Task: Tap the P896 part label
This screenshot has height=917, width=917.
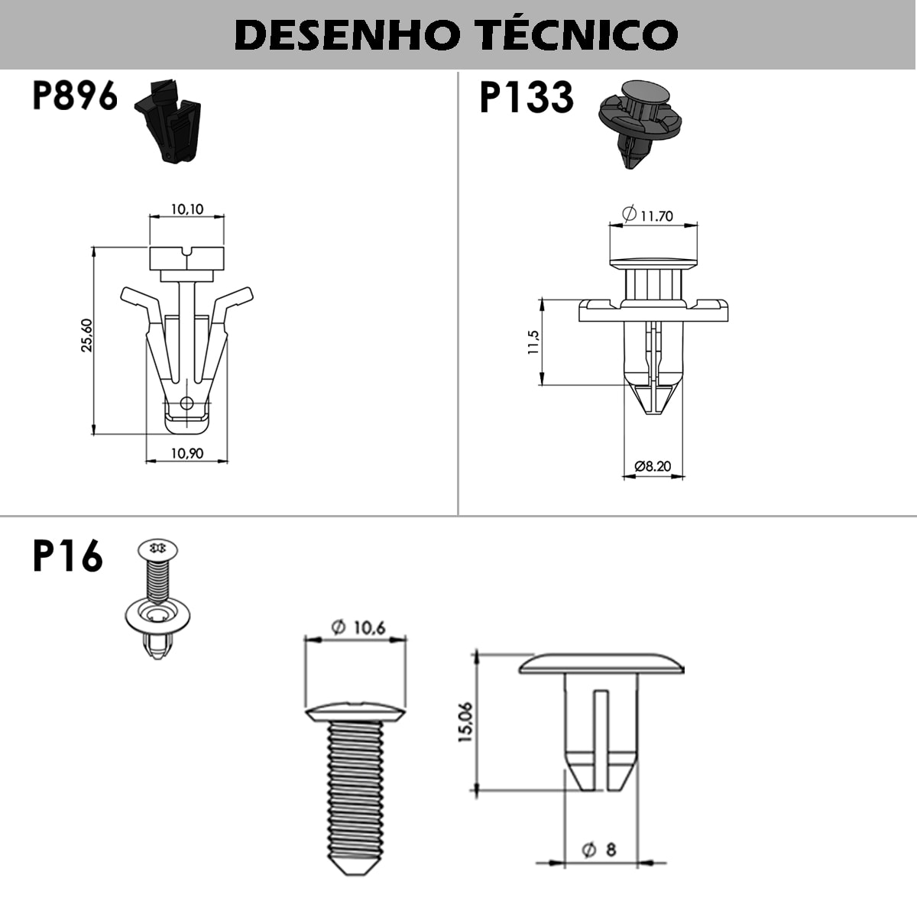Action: click(75, 96)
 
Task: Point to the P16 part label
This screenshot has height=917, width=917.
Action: click(67, 556)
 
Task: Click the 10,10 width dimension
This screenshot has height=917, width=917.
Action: click(187, 209)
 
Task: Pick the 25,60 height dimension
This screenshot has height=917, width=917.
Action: click(87, 335)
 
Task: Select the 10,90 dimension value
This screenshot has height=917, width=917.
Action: click(187, 453)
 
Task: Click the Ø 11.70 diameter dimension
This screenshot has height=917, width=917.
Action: click(647, 215)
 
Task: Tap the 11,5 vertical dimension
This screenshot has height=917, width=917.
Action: click(533, 342)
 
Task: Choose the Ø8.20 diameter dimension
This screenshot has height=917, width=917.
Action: click(653, 465)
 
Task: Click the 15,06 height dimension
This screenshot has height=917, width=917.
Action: click(465, 722)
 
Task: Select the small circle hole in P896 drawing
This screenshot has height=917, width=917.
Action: click(186, 403)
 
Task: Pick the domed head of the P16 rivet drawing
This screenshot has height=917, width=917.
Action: click(601, 663)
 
